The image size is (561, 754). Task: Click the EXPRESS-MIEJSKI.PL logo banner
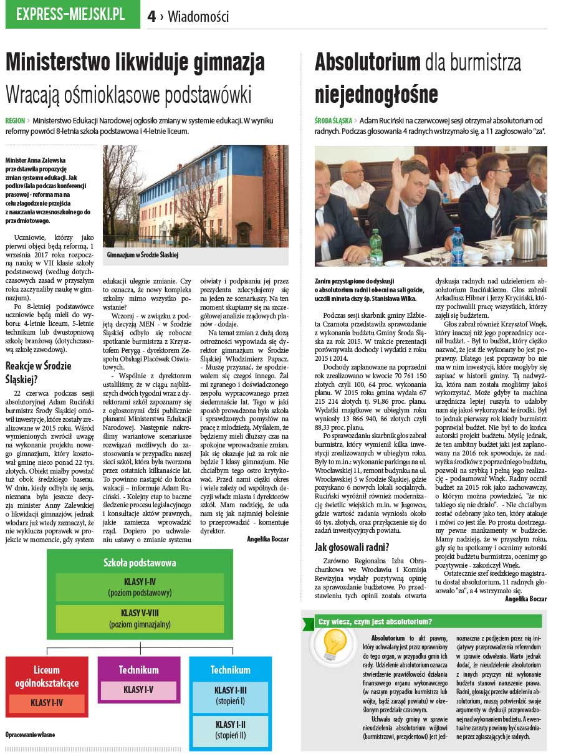tap(72, 15)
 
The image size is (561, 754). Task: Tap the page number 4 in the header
tap(151, 17)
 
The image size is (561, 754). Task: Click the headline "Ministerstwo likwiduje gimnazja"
tap(135, 62)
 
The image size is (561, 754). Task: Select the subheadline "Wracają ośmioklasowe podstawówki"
tap(128, 95)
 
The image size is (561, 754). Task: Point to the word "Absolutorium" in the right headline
tap(367, 62)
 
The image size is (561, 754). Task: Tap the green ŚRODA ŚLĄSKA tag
tap(333, 120)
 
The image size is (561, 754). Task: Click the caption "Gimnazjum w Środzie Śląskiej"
tap(143, 255)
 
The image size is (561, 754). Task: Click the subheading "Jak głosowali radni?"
tap(352, 548)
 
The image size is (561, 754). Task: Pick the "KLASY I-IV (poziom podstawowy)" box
tap(139, 587)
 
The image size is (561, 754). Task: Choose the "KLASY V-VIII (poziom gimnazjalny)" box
tap(139, 618)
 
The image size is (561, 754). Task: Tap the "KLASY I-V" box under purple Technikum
tap(138, 690)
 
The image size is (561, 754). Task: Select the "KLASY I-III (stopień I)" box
tap(230, 695)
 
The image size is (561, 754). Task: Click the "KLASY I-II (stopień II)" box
tap(230, 730)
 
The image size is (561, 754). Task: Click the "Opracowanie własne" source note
tap(30, 735)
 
